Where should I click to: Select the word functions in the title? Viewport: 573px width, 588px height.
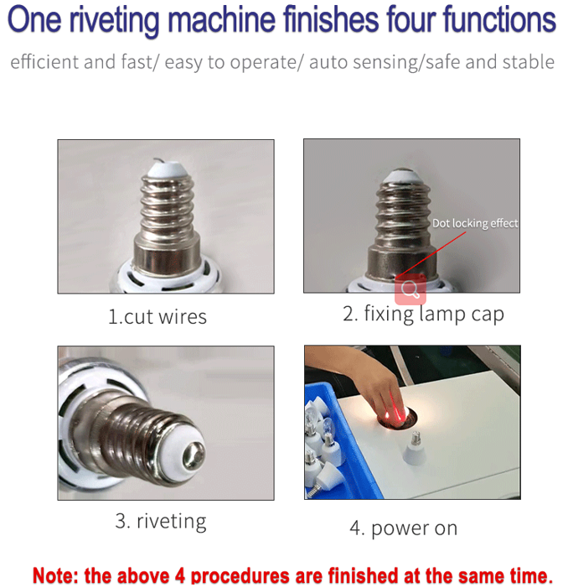[499, 19]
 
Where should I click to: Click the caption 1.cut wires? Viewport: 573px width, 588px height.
[157, 317]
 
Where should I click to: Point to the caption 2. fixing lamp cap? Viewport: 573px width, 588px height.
[423, 315]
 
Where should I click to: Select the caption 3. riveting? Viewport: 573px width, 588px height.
[161, 522]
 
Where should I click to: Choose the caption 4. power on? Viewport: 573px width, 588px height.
[403, 528]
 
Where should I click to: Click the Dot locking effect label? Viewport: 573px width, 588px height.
[475, 223]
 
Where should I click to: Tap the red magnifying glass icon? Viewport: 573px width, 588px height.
[410, 289]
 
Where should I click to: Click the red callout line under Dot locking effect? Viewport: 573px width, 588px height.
[431, 255]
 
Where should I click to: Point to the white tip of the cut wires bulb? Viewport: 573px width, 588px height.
[165, 169]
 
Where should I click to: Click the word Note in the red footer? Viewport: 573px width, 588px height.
[55, 575]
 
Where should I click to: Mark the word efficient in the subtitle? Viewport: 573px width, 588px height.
[44, 62]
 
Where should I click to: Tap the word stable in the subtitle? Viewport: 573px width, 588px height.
[528, 62]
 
